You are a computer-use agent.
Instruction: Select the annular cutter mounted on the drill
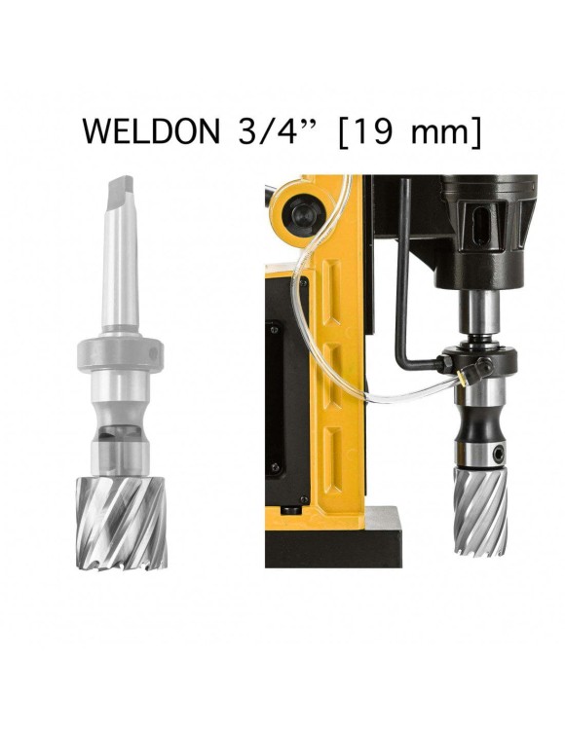coord(479,512)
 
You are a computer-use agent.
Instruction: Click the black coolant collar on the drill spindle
coord(469,363)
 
